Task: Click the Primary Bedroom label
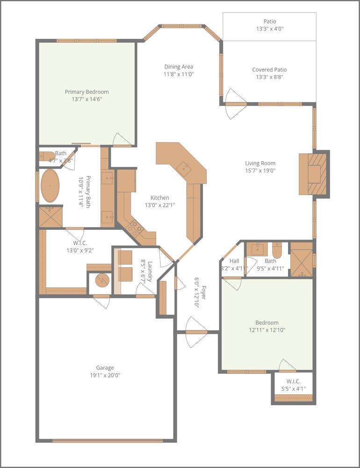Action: tap(86, 92)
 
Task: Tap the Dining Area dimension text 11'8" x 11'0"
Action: tap(179, 74)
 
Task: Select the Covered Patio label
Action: tap(269, 70)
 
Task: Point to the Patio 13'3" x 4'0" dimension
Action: tap(269, 29)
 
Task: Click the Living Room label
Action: tap(260, 163)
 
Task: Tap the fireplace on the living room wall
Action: tap(314, 173)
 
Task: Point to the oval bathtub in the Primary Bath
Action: tap(50, 185)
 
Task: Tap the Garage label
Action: tap(105, 368)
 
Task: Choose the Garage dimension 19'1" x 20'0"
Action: tap(105, 375)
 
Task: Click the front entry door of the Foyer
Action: tap(196, 332)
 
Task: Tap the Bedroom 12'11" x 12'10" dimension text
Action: tap(266, 330)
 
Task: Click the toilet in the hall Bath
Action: tap(276, 251)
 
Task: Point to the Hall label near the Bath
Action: tap(234, 261)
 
